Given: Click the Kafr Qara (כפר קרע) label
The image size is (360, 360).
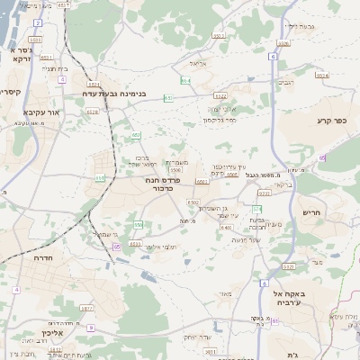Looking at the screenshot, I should [x=331, y=120].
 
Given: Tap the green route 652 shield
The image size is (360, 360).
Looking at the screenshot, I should [x=136, y=135].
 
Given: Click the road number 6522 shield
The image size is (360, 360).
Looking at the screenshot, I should [x=220, y=94].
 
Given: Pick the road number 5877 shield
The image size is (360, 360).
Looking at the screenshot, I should [x=87, y=308].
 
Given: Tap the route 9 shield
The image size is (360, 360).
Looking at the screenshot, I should [x=91, y=328].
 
